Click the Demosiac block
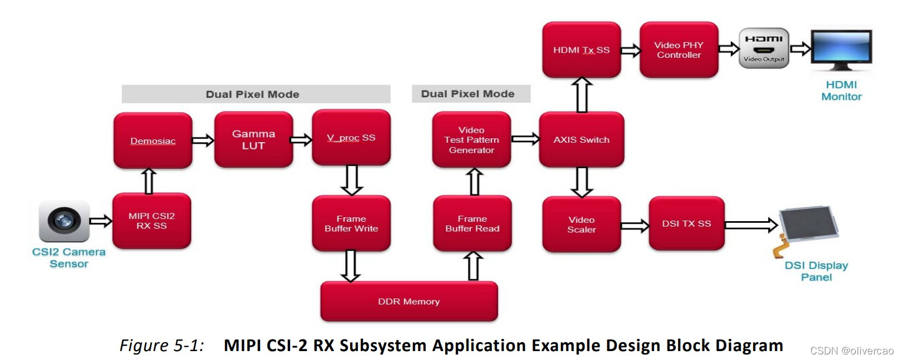tap(153, 141)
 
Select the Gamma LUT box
tap(253, 140)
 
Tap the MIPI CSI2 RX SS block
tap(152, 221)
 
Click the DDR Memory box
tap(409, 301)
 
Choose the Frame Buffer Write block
tap(351, 223)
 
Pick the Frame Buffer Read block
tap(472, 223)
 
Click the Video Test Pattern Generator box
tap(471, 140)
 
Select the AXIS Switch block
tap(581, 140)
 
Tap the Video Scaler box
tap(581, 224)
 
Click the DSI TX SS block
tap(686, 223)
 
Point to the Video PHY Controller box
tap(679, 50)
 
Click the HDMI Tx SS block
tap(581, 50)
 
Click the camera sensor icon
tap(64, 221)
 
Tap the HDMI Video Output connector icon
tap(764, 48)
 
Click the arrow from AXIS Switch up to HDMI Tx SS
tap(582, 95)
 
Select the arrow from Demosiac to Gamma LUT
tap(203, 141)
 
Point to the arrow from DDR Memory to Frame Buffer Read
tap(473, 266)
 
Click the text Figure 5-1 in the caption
tap(162, 346)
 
